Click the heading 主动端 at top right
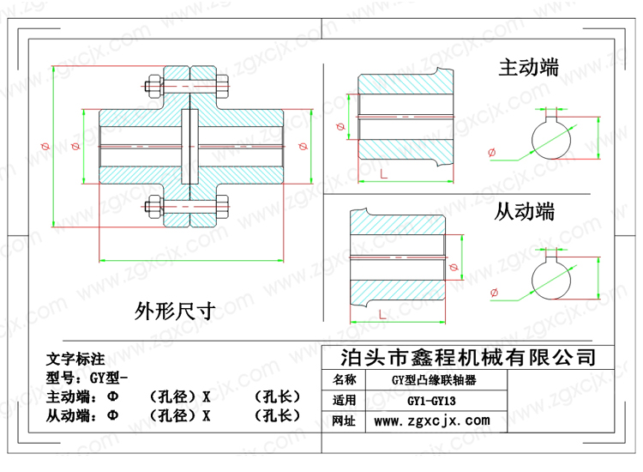[529, 68]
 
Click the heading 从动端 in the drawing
[525, 212]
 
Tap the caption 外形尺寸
[175, 312]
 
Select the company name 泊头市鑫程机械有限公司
[468, 358]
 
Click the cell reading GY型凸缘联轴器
[434, 380]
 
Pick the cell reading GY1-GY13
[431, 401]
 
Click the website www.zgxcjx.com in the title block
[432, 421]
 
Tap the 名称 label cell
[344, 379]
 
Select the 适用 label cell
[344, 400]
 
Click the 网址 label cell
[344, 421]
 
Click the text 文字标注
[75, 359]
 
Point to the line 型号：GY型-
[87, 378]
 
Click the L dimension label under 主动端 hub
[384, 174]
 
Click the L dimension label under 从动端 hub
[382, 315]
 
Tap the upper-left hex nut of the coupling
[155, 86]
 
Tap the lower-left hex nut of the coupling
[154, 207]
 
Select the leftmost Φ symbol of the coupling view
[45, 146]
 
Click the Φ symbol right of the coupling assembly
[303, 146]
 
